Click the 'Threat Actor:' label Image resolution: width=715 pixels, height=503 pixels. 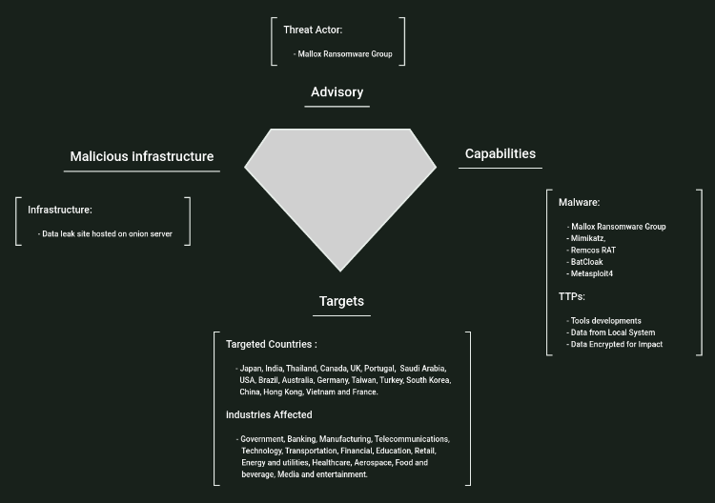pyautogui.click(x=312, y=30)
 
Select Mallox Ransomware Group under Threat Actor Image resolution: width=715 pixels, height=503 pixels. pyautogui.click(x=345, y=54)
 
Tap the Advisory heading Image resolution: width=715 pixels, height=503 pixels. pyautogui.click(x=337, y=92)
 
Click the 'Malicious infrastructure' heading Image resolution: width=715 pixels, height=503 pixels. pyautogui.click(x=142, y=156)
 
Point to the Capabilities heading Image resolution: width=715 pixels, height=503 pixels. pyautogui.click(x=500, y=153)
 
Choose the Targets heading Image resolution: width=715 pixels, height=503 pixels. pyautogui.click(x=341, y=301)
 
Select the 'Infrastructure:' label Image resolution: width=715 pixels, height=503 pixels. pyautogui.click(x=60, y=210)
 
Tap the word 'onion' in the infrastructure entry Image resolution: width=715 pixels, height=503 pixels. pyautogui.click(x=135, y=233)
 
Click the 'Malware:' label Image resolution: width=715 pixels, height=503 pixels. pyautogui.click(x=579, y=202)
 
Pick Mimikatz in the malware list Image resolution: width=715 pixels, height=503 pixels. pyautogui.click(x=586, y=238)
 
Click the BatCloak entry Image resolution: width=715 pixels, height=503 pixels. pyautogui.click(x=586, y=262)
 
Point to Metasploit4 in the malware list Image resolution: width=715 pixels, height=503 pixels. pyautogui.click(x=592, y=273)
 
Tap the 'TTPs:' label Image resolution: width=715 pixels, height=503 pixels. pyautogui.click(x=572, y=297)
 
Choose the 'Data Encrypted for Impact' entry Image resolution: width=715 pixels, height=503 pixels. pyautogui.click(x=616, y=344)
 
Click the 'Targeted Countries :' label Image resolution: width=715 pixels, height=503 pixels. pyautogui.click(x=272, y=344)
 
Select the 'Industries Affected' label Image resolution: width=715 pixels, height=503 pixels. pyautogui.click(x=269, y=415)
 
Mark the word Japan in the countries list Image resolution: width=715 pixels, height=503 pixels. pyautogui.click(x=251, y=368)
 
